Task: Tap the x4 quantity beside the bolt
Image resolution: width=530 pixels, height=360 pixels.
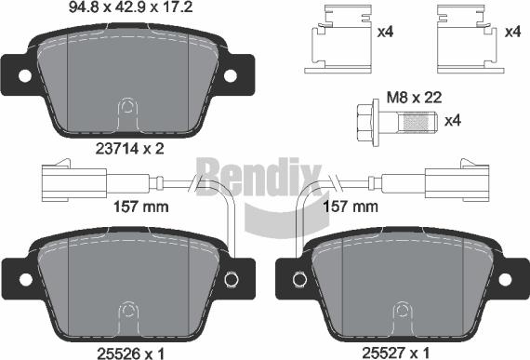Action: click(454, 121)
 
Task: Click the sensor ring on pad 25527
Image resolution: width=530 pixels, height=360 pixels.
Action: click(298, 278)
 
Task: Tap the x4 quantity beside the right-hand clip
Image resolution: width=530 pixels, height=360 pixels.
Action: click(511, 33)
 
